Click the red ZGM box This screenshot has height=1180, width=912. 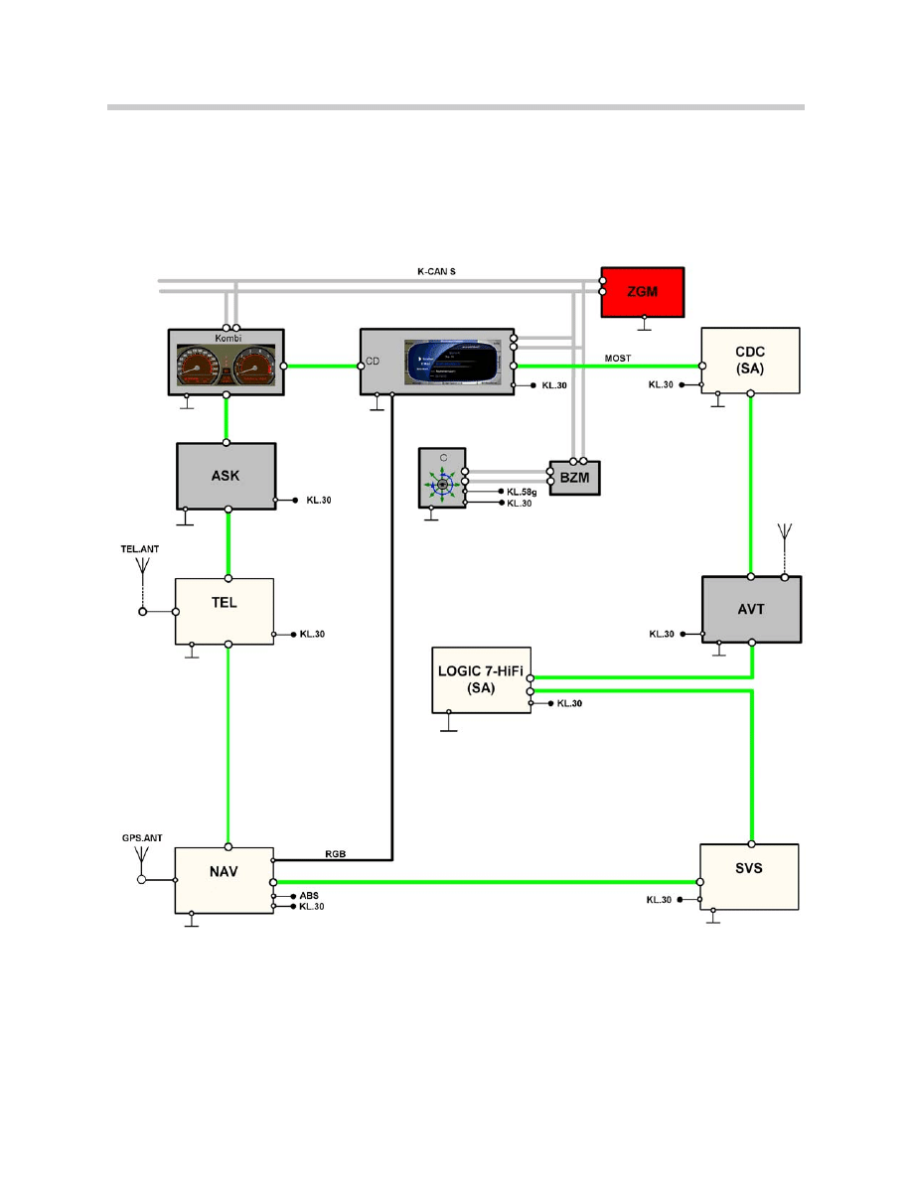(642, 291)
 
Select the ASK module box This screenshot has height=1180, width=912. (227, 476)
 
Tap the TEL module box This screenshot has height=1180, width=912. (225, 610)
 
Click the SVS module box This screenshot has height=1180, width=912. (749, 876)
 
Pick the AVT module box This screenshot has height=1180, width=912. (751, 608)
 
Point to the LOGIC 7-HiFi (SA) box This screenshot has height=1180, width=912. (480, 679)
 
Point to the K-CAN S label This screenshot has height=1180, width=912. (436, 270)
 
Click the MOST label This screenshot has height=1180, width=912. (618, 358)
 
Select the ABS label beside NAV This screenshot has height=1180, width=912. (309, 895)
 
